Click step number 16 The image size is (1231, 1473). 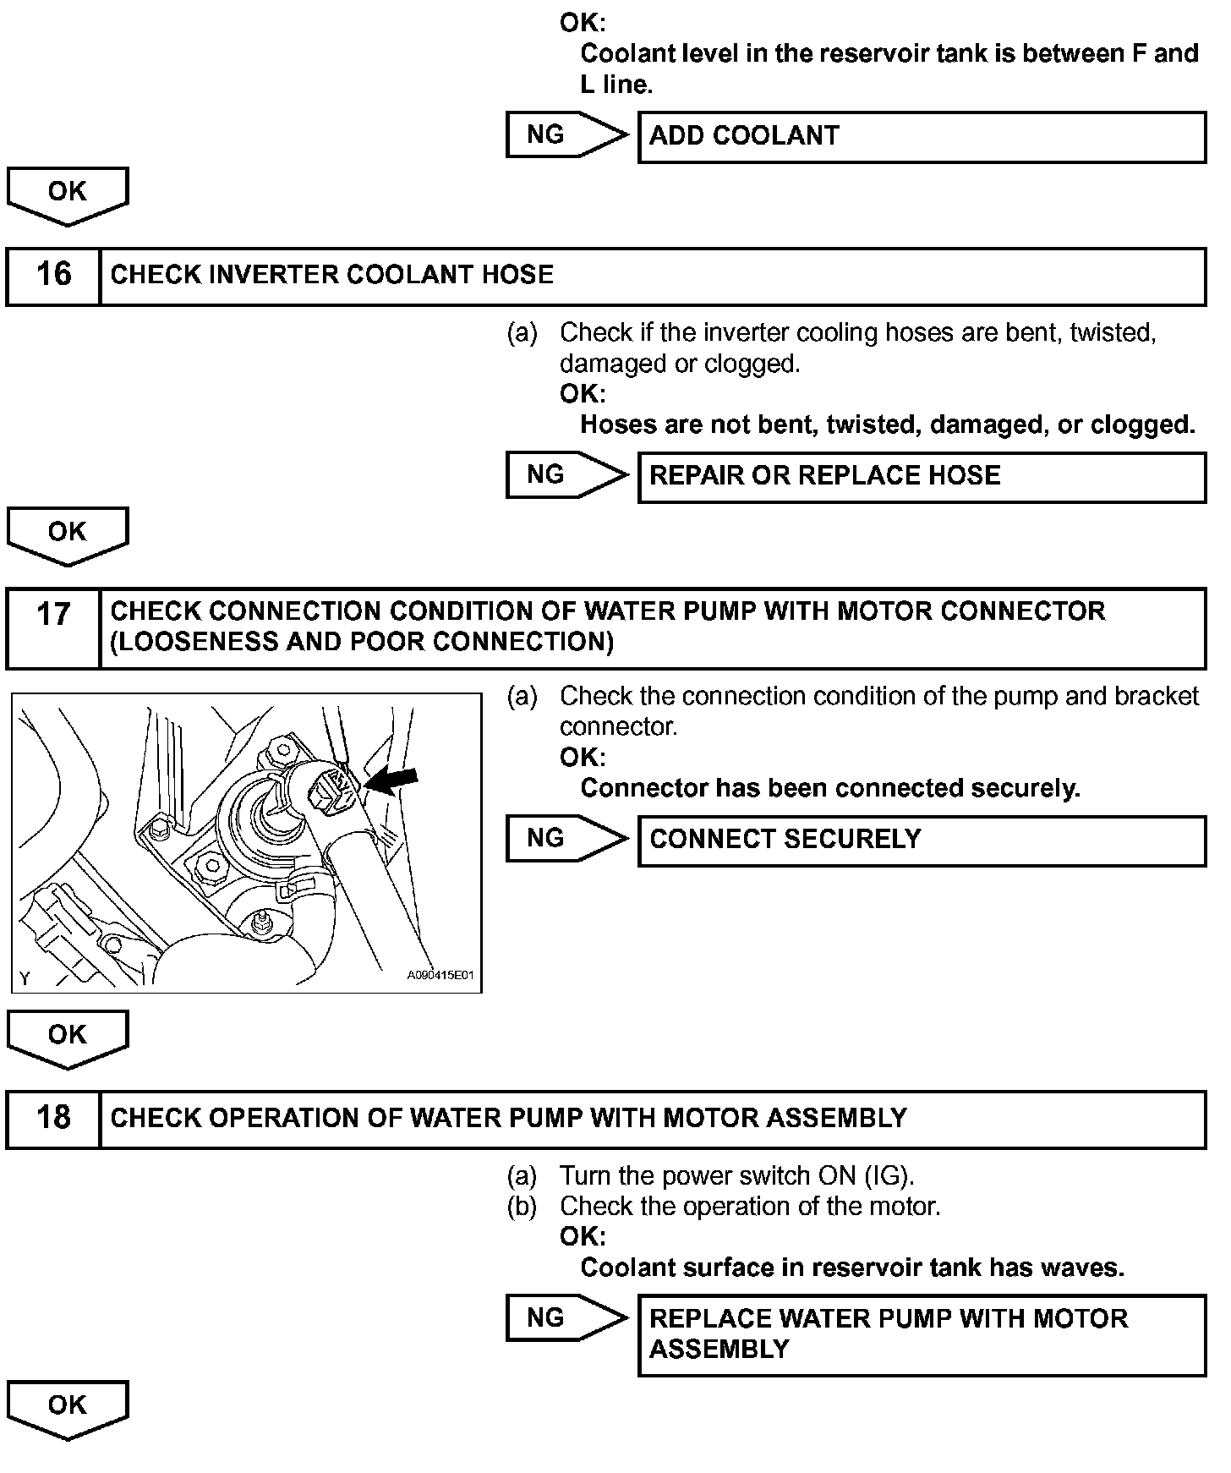click(x=53, y=275)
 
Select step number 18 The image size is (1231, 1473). click(x=53, y=1118)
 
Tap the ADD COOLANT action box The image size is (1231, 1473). click(x=922, y=136)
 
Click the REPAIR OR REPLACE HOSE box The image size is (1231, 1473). click(x=922, y=476)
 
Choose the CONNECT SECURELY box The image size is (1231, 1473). click(x=922, y=840)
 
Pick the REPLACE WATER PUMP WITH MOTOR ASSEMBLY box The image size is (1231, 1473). click(x=922, y=1334)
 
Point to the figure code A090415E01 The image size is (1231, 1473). click(x=440, y=975)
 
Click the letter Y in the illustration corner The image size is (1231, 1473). click(x=25, y=978)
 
